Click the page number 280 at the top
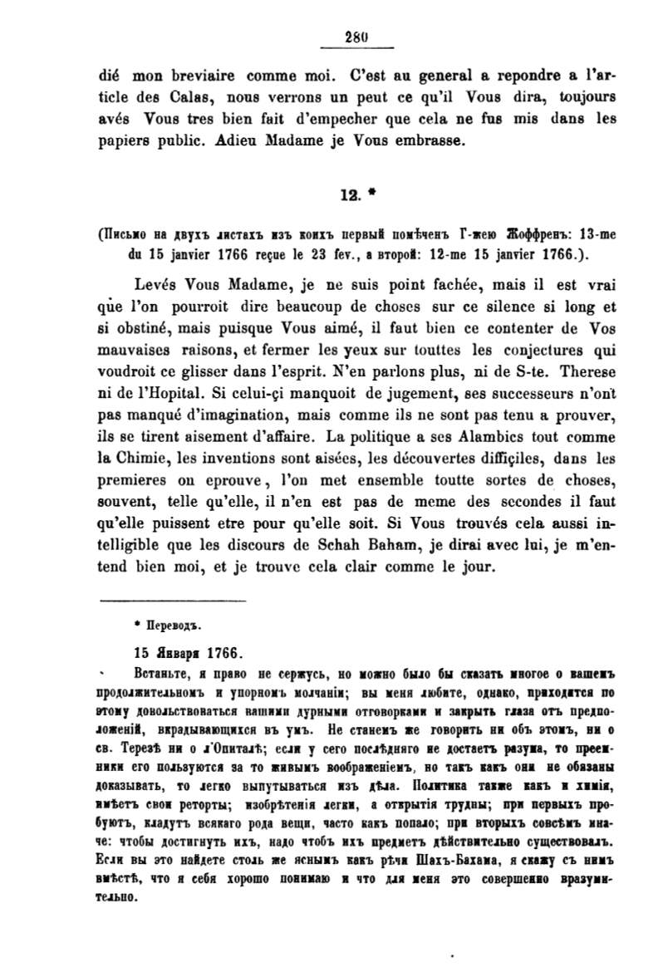tap(355, 34)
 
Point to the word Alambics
tap(502, 433)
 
